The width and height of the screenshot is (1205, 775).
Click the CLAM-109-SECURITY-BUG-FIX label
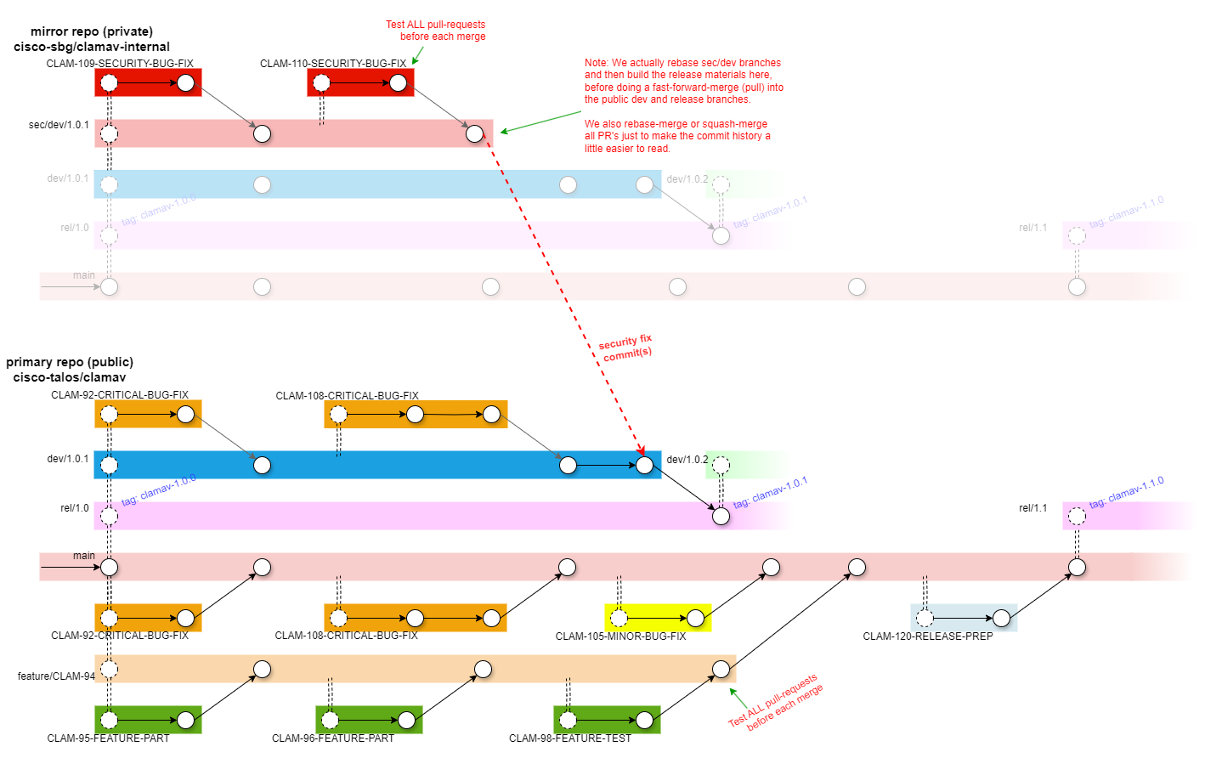(x=120, y=64)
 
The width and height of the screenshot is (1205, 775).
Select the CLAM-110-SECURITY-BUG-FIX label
(x=333, y=64)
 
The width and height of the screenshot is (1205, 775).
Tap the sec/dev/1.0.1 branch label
(x=59, y=125)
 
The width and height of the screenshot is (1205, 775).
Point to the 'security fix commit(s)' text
(x=625, y=348)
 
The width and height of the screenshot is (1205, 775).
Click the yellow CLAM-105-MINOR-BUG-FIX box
(x=657, y=618)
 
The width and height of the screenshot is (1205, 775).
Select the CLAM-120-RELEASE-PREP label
(x=928, y=636)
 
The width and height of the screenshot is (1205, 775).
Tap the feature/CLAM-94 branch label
(x=56, y=676)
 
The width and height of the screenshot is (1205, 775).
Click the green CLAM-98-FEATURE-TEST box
(x=607, y=720)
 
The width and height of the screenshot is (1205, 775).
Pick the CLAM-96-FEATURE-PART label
(x=333, y=738)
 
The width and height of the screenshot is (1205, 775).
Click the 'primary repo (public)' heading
(x=70, y=362)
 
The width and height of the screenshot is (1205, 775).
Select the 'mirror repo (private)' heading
(x=92, y=31)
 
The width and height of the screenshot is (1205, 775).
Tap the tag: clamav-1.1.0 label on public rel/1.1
(x=1126, y=493)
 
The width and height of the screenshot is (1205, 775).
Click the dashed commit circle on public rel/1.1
(x=1077, y=516)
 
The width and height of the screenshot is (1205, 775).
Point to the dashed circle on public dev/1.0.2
(x=721, y=465)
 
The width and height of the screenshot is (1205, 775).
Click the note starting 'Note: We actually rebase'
(x=683, y=81)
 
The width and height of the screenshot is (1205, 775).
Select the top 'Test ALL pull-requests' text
(x=436, y=31)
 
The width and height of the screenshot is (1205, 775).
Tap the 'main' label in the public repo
(x=84, y=556)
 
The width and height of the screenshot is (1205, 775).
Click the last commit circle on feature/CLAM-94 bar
(x=721, y=669)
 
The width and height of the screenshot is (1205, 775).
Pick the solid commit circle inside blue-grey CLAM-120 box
(x=1001, y=618)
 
